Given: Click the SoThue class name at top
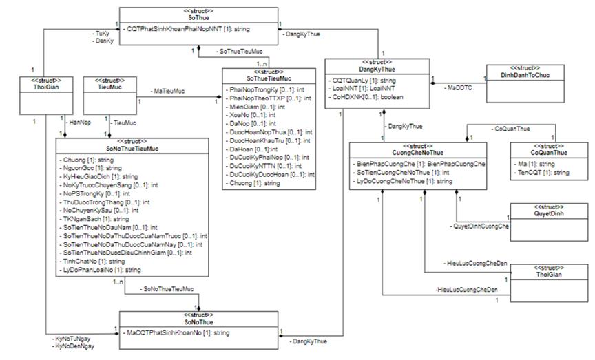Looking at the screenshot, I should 200,17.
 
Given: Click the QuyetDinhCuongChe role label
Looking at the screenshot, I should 479,226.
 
